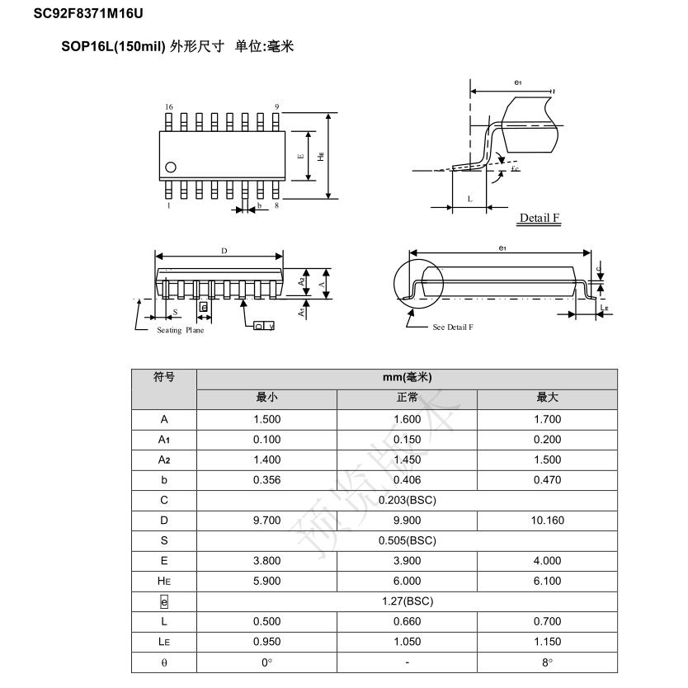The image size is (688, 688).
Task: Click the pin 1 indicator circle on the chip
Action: point(171,167)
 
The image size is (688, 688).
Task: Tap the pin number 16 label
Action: point(169,107)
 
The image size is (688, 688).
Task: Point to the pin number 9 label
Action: point(276,107)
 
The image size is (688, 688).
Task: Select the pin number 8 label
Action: point(276,205)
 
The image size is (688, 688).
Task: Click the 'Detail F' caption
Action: point(540,218)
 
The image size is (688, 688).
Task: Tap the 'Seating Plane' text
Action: point(180,331)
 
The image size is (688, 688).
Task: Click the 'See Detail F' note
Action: point(453,328)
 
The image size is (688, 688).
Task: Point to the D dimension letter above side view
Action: point(224,251)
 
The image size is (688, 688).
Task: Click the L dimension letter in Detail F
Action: point(469,199)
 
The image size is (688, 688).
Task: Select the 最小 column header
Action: point(266,398)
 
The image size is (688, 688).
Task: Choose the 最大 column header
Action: point(547,398)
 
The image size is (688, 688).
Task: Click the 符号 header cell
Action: point(164,378)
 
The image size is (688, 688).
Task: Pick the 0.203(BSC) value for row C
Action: point(407,500)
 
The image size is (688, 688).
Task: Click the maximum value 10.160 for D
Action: point(547,521)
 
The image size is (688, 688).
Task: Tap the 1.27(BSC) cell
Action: point(407,601)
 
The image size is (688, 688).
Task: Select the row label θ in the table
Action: point(164,662)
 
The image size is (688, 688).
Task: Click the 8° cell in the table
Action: point(547,662)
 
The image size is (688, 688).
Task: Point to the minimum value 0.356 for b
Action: point(266,480)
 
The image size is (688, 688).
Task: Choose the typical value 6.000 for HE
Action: point(407,581)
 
